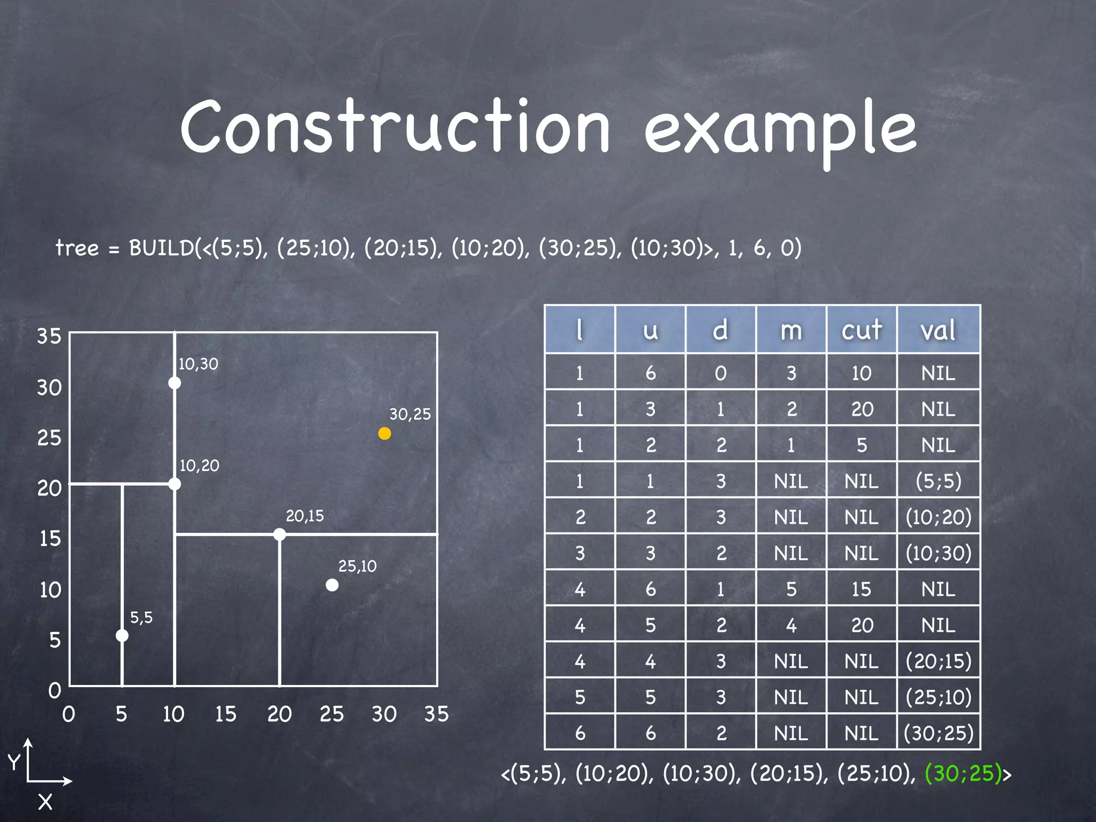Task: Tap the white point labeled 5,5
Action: [x=122, y=635]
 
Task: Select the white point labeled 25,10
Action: [x=332, y=585]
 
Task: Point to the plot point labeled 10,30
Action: [x=174, y=383]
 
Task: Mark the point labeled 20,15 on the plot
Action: [x=279, y=534]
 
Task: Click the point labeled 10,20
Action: [x=174, y=484]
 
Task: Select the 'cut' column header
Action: [x=861, y=330]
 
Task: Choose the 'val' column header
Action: [x=938, y=330]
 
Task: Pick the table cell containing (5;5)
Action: [x=938, y=481]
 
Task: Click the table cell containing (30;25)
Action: [x=938, y=733]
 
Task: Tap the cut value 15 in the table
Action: [x=861, y=589]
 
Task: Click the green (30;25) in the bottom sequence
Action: [x=963, y=773]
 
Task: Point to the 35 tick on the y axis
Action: [x=49, y=336]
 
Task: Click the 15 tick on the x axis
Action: [x=225, y=714]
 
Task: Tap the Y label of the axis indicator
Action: [x=14, y=762]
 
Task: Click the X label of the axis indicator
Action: [x=45, y=802]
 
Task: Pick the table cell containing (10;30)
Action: [x=938, y=553]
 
